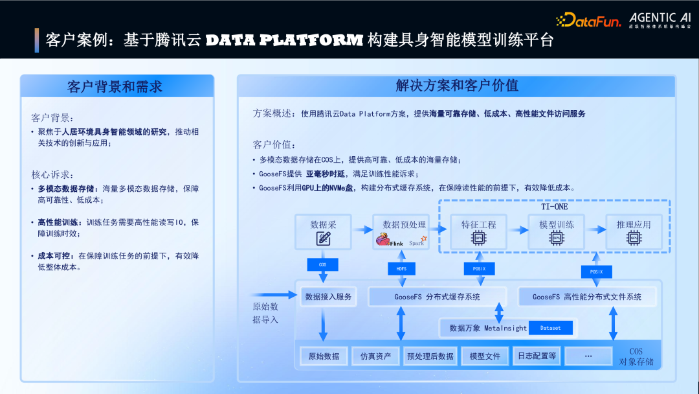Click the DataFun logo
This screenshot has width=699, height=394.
click(x=588, y=19)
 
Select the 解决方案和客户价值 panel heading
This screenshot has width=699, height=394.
click(x=457, y=86)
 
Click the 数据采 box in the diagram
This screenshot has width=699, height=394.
click(x=323, y=232)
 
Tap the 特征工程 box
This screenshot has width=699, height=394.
click(x=478, y=232)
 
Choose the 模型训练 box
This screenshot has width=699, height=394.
click(x=556, y=232)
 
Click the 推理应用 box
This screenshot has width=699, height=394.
click(x=634, y=232)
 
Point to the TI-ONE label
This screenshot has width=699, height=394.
click(x=554, y=207)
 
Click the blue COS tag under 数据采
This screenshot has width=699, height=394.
click(x=322, y=265)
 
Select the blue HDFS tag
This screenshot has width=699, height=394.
click(x=401, y=268)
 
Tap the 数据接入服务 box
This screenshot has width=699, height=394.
click(x=328, y=297)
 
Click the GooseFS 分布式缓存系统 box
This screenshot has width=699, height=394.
click(x=437, y=297)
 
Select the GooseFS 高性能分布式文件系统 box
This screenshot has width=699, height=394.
click(x=587, y=297)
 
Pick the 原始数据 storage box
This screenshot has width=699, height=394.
click(x=324, y=356)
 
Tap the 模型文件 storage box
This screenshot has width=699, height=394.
click(x=485, y=356)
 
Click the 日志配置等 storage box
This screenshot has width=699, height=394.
click(x=536, y=356)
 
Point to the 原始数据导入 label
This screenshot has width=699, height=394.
click(x=265, y=313)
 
